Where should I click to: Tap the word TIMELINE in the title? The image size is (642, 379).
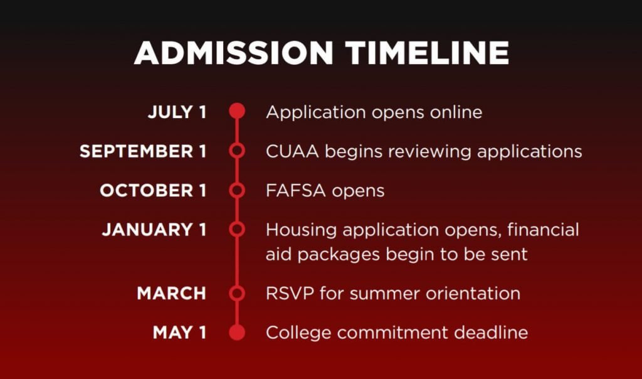(x=427, y=53)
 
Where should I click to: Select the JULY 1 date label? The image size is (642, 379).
(x=177, y=112)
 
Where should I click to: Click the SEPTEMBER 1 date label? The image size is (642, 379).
(x=143, y=151)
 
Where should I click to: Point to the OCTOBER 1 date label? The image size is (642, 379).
(x=153, y=191)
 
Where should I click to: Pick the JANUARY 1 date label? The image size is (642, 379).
(x=154, y=230)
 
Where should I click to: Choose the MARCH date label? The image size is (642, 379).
(x=172, y=294)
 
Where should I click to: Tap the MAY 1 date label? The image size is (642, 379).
(x=179, y=333)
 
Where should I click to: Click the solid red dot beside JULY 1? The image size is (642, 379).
(x=237, y=111)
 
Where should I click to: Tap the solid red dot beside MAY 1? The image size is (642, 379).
(x=237, y=333)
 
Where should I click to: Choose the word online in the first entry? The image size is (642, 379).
(x=456, y=112)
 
